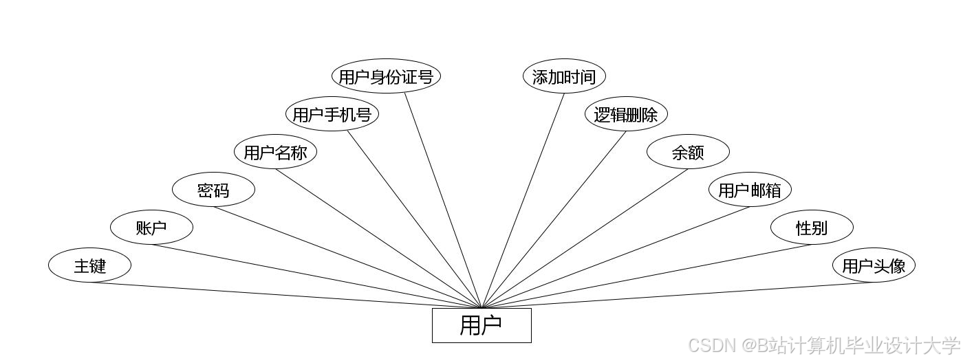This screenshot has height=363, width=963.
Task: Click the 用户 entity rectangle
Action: (x=481, y=325)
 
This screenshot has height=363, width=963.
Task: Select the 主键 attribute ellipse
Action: (x=89, y=265)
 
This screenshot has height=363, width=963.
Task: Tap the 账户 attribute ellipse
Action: (x=151, y=228)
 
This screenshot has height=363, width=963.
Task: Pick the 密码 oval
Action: (x=213, y=190)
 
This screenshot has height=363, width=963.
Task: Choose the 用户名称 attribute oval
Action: (x=275, y=152)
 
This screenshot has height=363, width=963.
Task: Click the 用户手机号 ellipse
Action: (x=332, y=114)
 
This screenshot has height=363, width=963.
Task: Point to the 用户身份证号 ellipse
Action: (x=386, y=76)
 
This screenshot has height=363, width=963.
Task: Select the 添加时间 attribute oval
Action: (x=564, y=76)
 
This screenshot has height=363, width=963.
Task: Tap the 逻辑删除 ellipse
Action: (x=626, y=114)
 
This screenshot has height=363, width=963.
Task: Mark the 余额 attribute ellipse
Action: (x=688, y=152)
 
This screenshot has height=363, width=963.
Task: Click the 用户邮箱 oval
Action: (x=750, y=190)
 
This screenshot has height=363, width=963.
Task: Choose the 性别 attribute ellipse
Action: (x=812, y=228)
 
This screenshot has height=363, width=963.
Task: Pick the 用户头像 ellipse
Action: (x=874, y=265)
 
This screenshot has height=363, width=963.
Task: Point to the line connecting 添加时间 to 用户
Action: (x=523, y=200)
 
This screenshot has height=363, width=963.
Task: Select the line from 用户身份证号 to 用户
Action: (x=443, y=200)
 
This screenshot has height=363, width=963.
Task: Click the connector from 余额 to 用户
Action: (x=585, y=239)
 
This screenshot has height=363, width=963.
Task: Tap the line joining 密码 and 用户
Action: (x=347, y=257)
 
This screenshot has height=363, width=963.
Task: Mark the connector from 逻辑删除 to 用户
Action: (x=554, y=219)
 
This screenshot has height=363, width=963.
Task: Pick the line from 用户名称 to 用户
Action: (x=378, y=239)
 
